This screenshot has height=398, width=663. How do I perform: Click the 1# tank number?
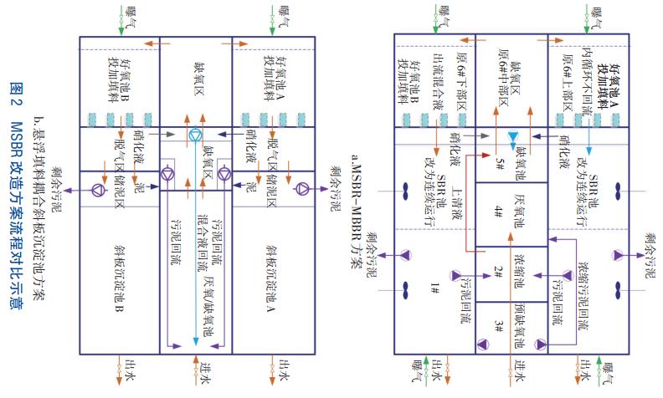pos(434,288)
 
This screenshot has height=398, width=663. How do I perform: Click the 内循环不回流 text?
pos(588,76)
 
